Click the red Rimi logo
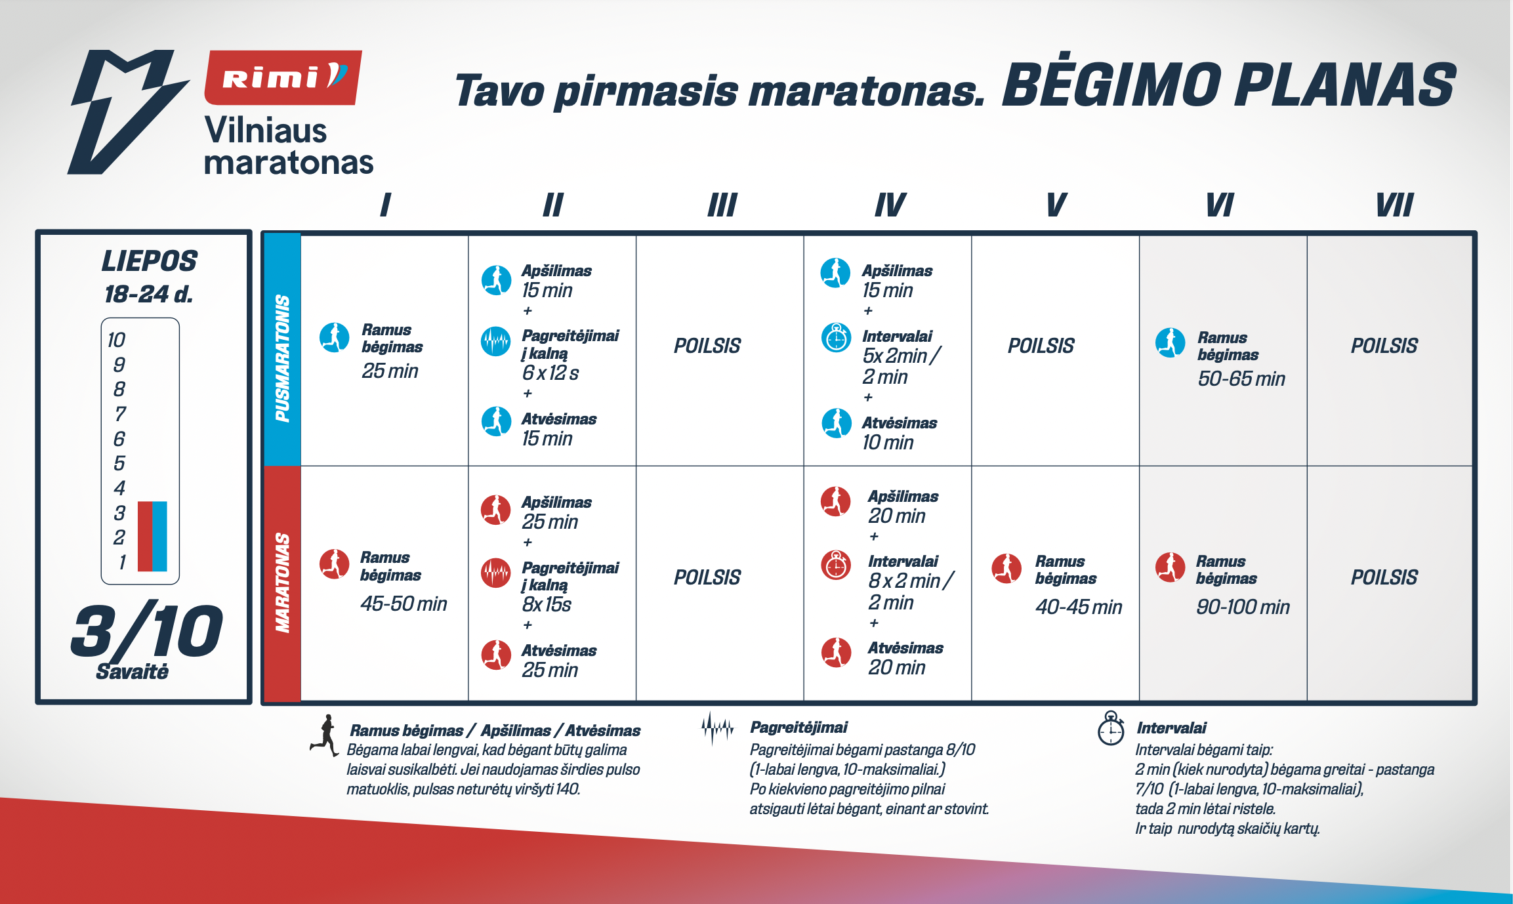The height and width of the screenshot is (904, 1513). (x=283, y=77)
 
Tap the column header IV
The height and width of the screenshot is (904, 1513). (x=890, y=205)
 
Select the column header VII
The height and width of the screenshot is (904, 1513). (x=1394, y=205)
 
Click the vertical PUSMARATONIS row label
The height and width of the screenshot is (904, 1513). (x=282, y=358)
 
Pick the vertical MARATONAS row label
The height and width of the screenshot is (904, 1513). (x=282, y=583)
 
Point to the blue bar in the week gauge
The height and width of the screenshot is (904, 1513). (x=159, y=536)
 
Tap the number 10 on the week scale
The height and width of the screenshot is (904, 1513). (x=116, y=340)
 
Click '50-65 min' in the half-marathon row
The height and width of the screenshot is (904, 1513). (x=1241, y=379)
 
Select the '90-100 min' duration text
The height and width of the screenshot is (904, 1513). (x=1243, y=607)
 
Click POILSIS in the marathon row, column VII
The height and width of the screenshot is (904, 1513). (x=1384, y=577)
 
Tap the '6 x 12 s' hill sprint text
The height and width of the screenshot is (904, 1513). (x=550, y=373)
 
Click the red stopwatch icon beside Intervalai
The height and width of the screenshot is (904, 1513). (x=836, y=565)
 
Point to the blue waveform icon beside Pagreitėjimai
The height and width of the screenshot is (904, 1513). (x=495, y=341)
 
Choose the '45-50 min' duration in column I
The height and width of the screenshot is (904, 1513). (x=404, y=604)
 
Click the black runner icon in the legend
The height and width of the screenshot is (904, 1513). (x=325, y=735)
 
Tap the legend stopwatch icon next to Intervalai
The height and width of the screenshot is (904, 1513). (x=1111, y=728)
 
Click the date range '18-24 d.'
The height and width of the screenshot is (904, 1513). (x=149, y=294)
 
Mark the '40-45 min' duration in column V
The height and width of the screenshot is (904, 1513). (x=1079, y=607)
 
